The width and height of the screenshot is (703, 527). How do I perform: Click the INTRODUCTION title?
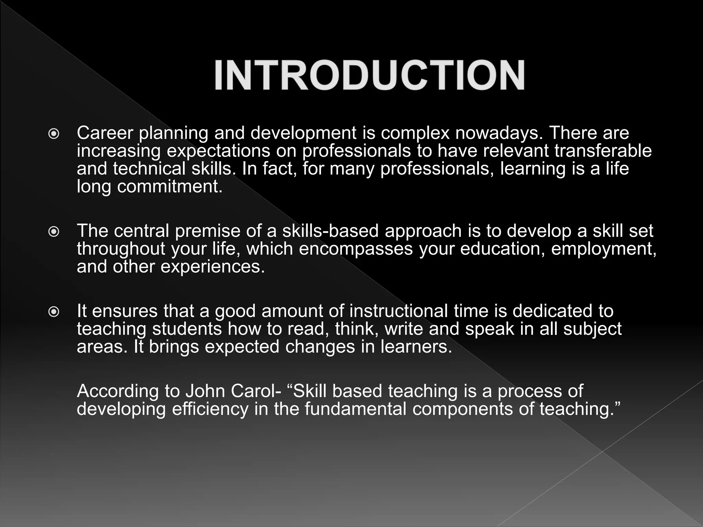(369, 75)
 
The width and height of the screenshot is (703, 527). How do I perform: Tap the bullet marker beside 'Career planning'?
(54, 134)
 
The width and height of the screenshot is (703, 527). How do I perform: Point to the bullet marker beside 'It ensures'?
(54, 312)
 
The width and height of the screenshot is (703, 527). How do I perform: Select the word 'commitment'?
(170, 187)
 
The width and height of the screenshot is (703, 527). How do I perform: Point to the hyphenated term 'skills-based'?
(330, 231)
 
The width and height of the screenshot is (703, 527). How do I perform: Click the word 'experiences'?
(212, 267)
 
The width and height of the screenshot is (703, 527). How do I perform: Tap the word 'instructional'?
(399, 311)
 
